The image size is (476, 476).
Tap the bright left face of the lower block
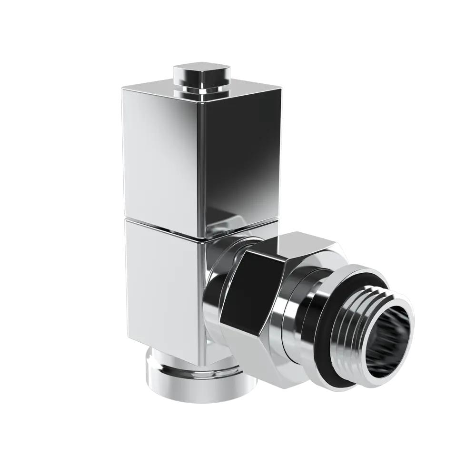point(159,286)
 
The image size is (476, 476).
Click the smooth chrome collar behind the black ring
point(300,328)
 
